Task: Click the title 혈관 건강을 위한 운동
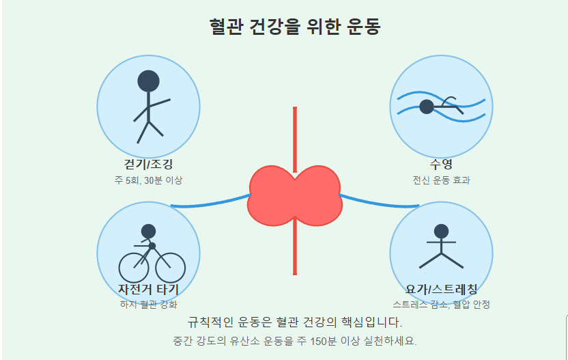294,27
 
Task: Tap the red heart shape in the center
294,195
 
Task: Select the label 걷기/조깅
148,165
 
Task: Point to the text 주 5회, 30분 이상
148,180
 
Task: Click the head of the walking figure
148,81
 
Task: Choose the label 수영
441,165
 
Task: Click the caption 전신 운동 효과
441,180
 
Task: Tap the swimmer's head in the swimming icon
427,107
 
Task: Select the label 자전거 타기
148,289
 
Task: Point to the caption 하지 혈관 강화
148,304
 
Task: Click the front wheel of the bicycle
171,267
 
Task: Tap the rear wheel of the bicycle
134,267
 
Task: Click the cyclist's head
148,231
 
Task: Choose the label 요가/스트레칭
441,289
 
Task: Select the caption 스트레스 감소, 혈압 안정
441,304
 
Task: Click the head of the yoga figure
441,231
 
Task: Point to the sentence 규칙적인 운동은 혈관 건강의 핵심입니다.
294,322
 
